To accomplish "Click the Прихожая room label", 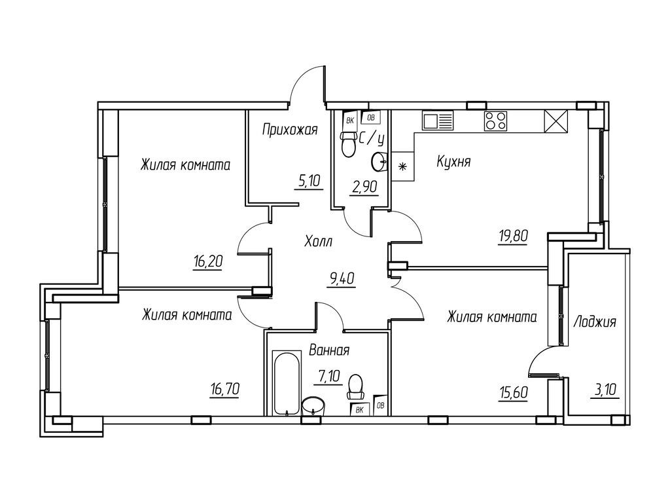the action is click(290, 130).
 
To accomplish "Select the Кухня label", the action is click(453, 162).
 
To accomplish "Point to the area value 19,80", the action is click(513, 236).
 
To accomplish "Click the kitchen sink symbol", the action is click(438, 121).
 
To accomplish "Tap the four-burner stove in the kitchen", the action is click(496, 121).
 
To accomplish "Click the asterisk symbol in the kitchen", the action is click(402, 166).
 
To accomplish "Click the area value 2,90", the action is click(364, 188).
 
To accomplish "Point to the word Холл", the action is click(319, 242).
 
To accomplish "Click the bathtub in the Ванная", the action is click(286, 383).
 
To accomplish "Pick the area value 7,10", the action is click(329, 377).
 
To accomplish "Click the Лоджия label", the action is click(594, 322).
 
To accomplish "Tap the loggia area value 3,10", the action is click(605, 390).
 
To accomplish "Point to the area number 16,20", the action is click(208, 261).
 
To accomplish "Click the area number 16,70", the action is click(225, 390).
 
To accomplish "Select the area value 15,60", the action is click(513, 393).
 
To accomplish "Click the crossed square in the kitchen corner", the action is click(555, 121).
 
